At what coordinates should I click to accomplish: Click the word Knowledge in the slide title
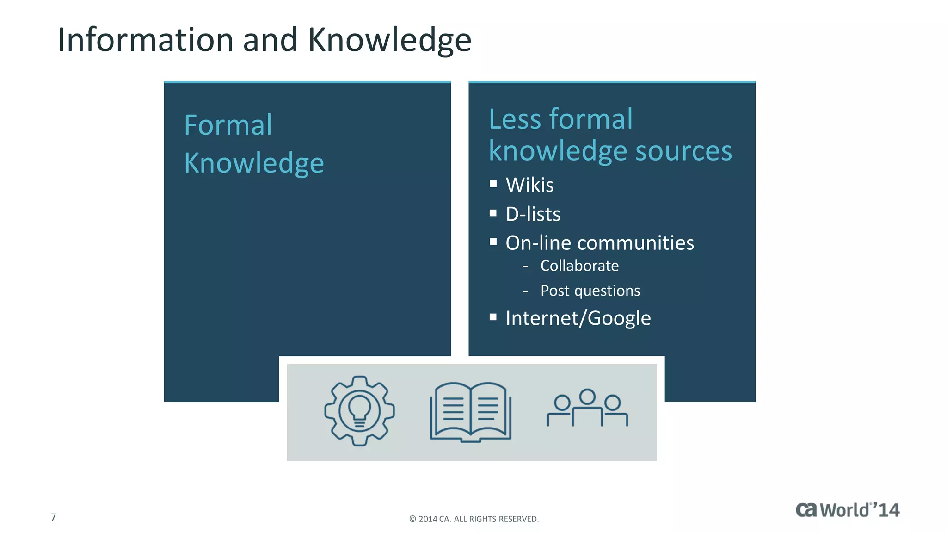click(x=389, y=41)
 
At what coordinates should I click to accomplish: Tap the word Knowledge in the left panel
click(x=254, y=163)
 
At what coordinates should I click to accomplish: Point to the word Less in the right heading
click(x=514, y=119)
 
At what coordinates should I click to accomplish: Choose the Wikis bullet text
click(x=529, y=185)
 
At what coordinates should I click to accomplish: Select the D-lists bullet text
click(x=533, y=214)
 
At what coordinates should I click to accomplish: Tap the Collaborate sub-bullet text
click(x=579, y=266)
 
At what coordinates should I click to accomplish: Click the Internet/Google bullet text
click(x=578, y=318)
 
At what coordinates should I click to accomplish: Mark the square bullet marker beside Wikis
click(x=493, y=184)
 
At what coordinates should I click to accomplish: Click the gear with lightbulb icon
click(x=359, y=411)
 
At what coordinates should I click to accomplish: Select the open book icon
click(x=471, y=412)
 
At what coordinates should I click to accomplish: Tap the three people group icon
click(x=587, y=408)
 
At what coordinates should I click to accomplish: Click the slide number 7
click(x=53, y=517)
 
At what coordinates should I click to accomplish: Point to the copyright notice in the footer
click(x=474, y=519)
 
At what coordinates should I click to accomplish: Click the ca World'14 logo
click(x=847, y=510)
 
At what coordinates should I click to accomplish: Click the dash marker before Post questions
click(x=525, y=291)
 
